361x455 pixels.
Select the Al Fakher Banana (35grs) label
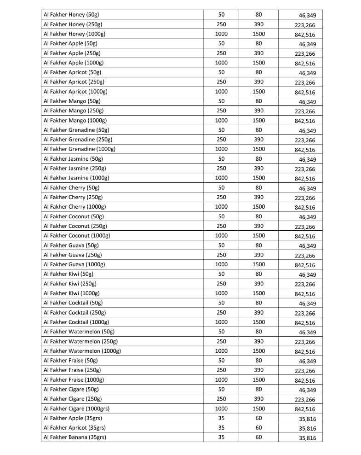click(74, 437)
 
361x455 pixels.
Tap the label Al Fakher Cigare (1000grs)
click(76, 408)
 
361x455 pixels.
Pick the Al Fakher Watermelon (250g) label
click(80, 341)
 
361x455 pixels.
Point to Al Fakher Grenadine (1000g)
click(79, 149)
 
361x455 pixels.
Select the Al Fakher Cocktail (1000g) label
click(76, 322)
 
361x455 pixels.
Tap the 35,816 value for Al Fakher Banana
click(307, 438)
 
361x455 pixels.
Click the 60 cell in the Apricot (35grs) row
click(258, 427)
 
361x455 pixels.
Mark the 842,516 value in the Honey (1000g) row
click(305, 35)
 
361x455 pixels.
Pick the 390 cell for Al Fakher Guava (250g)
click(258, 255)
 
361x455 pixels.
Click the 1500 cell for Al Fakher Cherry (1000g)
click(258, 207)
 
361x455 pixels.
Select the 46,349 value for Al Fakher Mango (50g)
click(307, 102)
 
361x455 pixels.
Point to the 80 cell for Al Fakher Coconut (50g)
click(258, 216)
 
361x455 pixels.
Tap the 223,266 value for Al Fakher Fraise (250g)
click(305, 371)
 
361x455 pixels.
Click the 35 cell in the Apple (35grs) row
click(221, 418)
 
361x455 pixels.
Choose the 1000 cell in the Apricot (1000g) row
click(221, 91)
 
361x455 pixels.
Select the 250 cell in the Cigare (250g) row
click(221, 399)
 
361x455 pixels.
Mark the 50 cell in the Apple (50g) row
click(221, 43)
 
